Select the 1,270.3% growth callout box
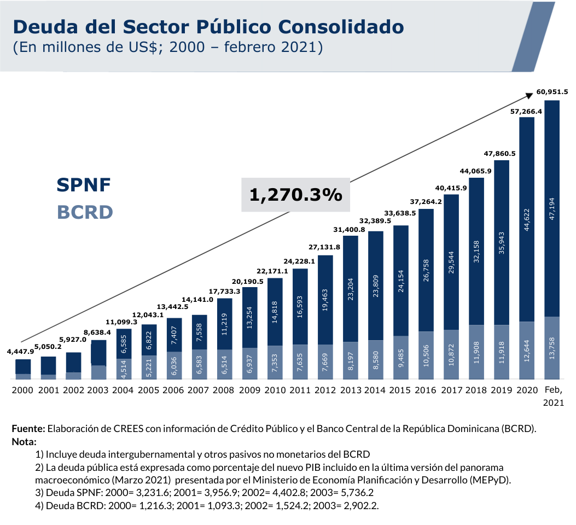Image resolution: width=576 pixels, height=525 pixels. pos(295,194)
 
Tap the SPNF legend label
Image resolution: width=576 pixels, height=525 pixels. pos(84,185)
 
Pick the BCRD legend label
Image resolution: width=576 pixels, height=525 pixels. pos(85,212)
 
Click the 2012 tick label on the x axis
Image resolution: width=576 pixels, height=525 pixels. pos(325,390)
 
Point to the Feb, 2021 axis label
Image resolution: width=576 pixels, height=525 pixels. pos(552,396)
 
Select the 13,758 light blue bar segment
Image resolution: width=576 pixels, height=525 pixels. pos(552,347)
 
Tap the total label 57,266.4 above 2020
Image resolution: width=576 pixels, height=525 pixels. pos(526,111)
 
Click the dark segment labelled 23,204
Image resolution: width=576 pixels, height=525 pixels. pos(351,289)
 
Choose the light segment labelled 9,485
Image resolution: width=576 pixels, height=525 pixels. pos(401,357)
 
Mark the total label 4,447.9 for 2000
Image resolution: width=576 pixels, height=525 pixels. pos(20,352)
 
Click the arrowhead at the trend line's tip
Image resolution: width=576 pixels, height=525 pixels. pos(530,96)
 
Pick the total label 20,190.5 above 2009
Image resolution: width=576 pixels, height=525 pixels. pos(249,281)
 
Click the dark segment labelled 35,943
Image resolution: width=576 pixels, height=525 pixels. pos(502,242)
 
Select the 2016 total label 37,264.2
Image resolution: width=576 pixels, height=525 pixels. pos(426,201)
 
